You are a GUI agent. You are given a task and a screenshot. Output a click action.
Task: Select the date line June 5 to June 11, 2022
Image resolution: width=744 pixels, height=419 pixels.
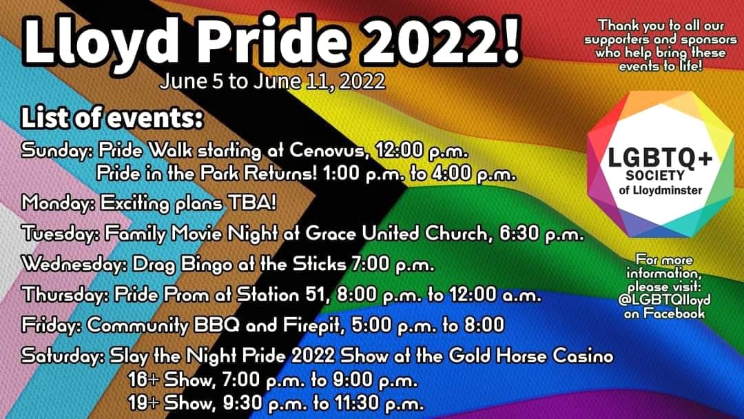[272, 81]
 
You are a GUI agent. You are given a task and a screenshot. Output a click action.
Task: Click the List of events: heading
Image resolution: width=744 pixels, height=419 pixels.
[112, 118]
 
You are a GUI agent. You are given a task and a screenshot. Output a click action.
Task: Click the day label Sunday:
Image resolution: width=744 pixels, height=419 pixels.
[57, 152]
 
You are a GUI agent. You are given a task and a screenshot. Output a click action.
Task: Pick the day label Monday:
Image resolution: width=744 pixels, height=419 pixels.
[58, 204]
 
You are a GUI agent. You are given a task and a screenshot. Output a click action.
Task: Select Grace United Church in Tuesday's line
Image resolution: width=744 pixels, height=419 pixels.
[396, 234]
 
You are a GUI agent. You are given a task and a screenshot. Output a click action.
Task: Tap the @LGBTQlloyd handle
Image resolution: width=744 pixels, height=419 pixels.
[664, 300]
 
